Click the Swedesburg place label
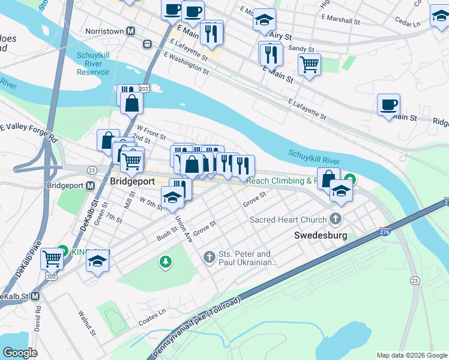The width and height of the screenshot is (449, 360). click(x=321, y=236)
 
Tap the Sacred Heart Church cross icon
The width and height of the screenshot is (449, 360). click(x=336, y=220)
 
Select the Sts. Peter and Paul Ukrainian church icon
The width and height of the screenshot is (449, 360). click(x=209, y=257)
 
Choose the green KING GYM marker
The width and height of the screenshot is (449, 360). click(x=62, y=252)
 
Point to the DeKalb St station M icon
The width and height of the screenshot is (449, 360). click(x=35, y=296)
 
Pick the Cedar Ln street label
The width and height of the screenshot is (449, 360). click(x=408, y=25)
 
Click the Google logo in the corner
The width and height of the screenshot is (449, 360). click(x=20, y=353)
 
